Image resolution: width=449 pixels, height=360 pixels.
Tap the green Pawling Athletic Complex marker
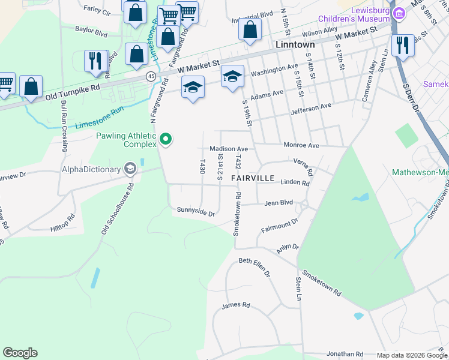pos(166,140)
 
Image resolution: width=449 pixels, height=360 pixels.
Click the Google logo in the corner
pos(20,353)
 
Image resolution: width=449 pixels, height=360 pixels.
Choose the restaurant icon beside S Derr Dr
pos(403,46)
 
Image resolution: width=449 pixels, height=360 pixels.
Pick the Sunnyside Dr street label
pos(195,212)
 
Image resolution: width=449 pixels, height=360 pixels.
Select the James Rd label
pos(231,306)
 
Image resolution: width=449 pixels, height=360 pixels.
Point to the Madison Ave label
pos(228,149)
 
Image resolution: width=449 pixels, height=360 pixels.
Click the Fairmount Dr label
pos(280,226)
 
